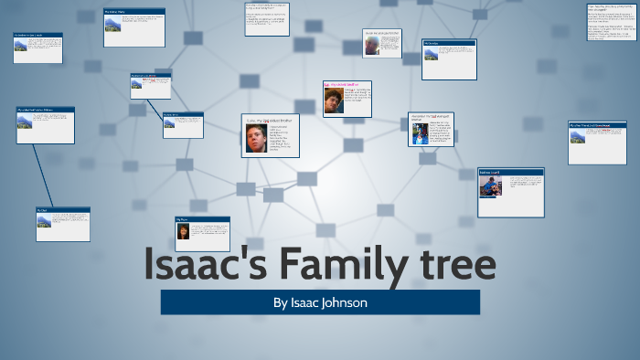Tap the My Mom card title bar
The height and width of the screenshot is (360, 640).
click(x=202, y=219)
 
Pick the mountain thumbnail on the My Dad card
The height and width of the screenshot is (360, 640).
click(x=44, y=219)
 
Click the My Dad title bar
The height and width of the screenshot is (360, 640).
click(x=63, y=209)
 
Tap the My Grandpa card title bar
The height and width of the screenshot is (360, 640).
click(x=448, y=42)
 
